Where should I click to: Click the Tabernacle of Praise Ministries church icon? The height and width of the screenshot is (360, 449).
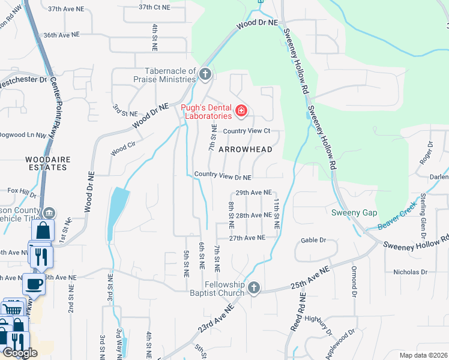click(x=205, y=74)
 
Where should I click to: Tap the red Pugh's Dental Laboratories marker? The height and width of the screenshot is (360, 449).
click(x=241, y=110)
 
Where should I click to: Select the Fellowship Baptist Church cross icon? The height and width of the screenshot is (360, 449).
click(x=254, y=288)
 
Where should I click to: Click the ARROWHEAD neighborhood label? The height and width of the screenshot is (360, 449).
click(x=246, y=149)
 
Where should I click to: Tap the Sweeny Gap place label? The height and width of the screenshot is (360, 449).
click(x=354, y=213)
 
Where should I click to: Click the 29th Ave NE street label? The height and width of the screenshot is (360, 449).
click(x=254, y=193)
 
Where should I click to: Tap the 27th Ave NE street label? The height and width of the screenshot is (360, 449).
click(x=247, y=238)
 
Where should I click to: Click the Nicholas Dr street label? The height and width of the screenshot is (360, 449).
click(x=410, y=272)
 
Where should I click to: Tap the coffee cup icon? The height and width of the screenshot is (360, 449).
click(x=34, y=283)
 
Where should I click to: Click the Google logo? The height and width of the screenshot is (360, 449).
click(x=20, y=352)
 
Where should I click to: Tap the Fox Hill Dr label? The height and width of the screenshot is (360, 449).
click(x=22, y=191)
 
